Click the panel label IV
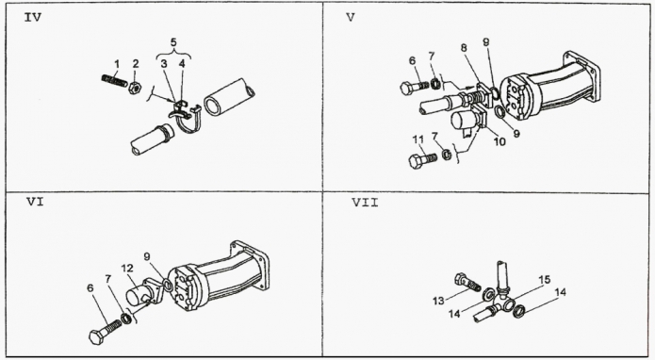(x=33, y=18)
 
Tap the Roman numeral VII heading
(x=365, y=203)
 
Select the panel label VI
(x=36, y=202)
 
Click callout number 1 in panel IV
(x=117, y=64)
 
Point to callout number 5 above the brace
(x=173, y=42)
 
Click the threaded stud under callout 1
(x=114, y=79)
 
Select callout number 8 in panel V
(x=464, y=48)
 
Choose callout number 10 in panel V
(x=499, y=141)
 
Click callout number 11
(x=418, y=139)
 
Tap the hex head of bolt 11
(x=416, y=161)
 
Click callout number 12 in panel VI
(x=127, y=268)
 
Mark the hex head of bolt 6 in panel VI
(x=96, y=336)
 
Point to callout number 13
(x=438, y=301)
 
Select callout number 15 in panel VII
(x=544, y=279)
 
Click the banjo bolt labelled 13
(x=467, y=283)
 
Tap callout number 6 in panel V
(x=413, y=61)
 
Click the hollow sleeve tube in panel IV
(x=229, y=97)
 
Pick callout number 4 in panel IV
(x=182, y=64)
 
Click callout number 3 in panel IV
(x=164, y=64)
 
